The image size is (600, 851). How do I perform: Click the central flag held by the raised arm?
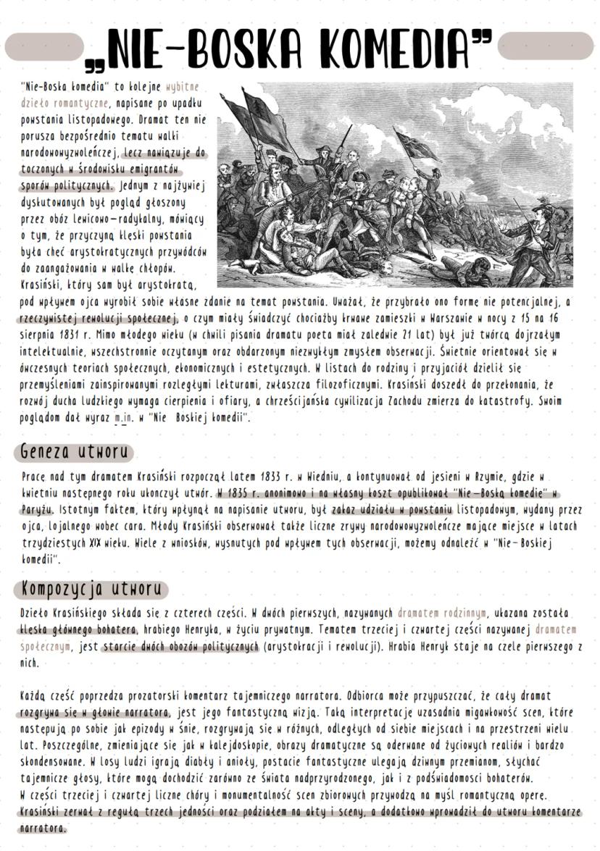pos(414,145)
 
